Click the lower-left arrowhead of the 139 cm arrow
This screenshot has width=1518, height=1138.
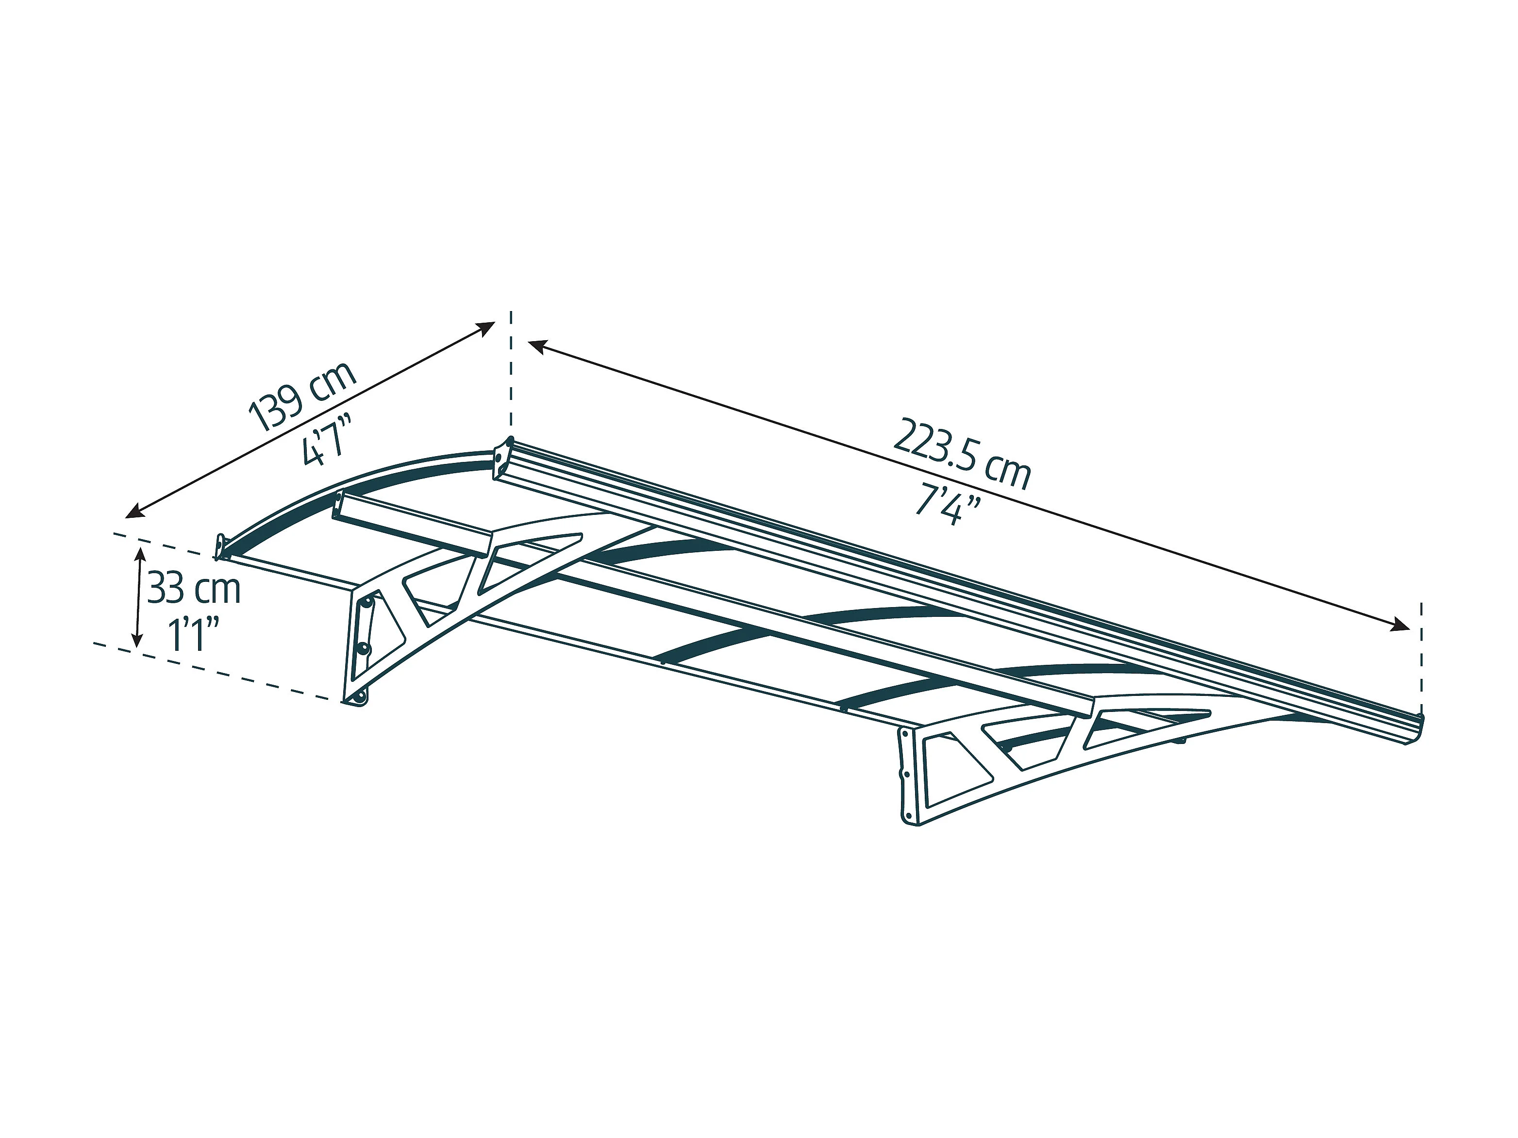pos(134,511)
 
